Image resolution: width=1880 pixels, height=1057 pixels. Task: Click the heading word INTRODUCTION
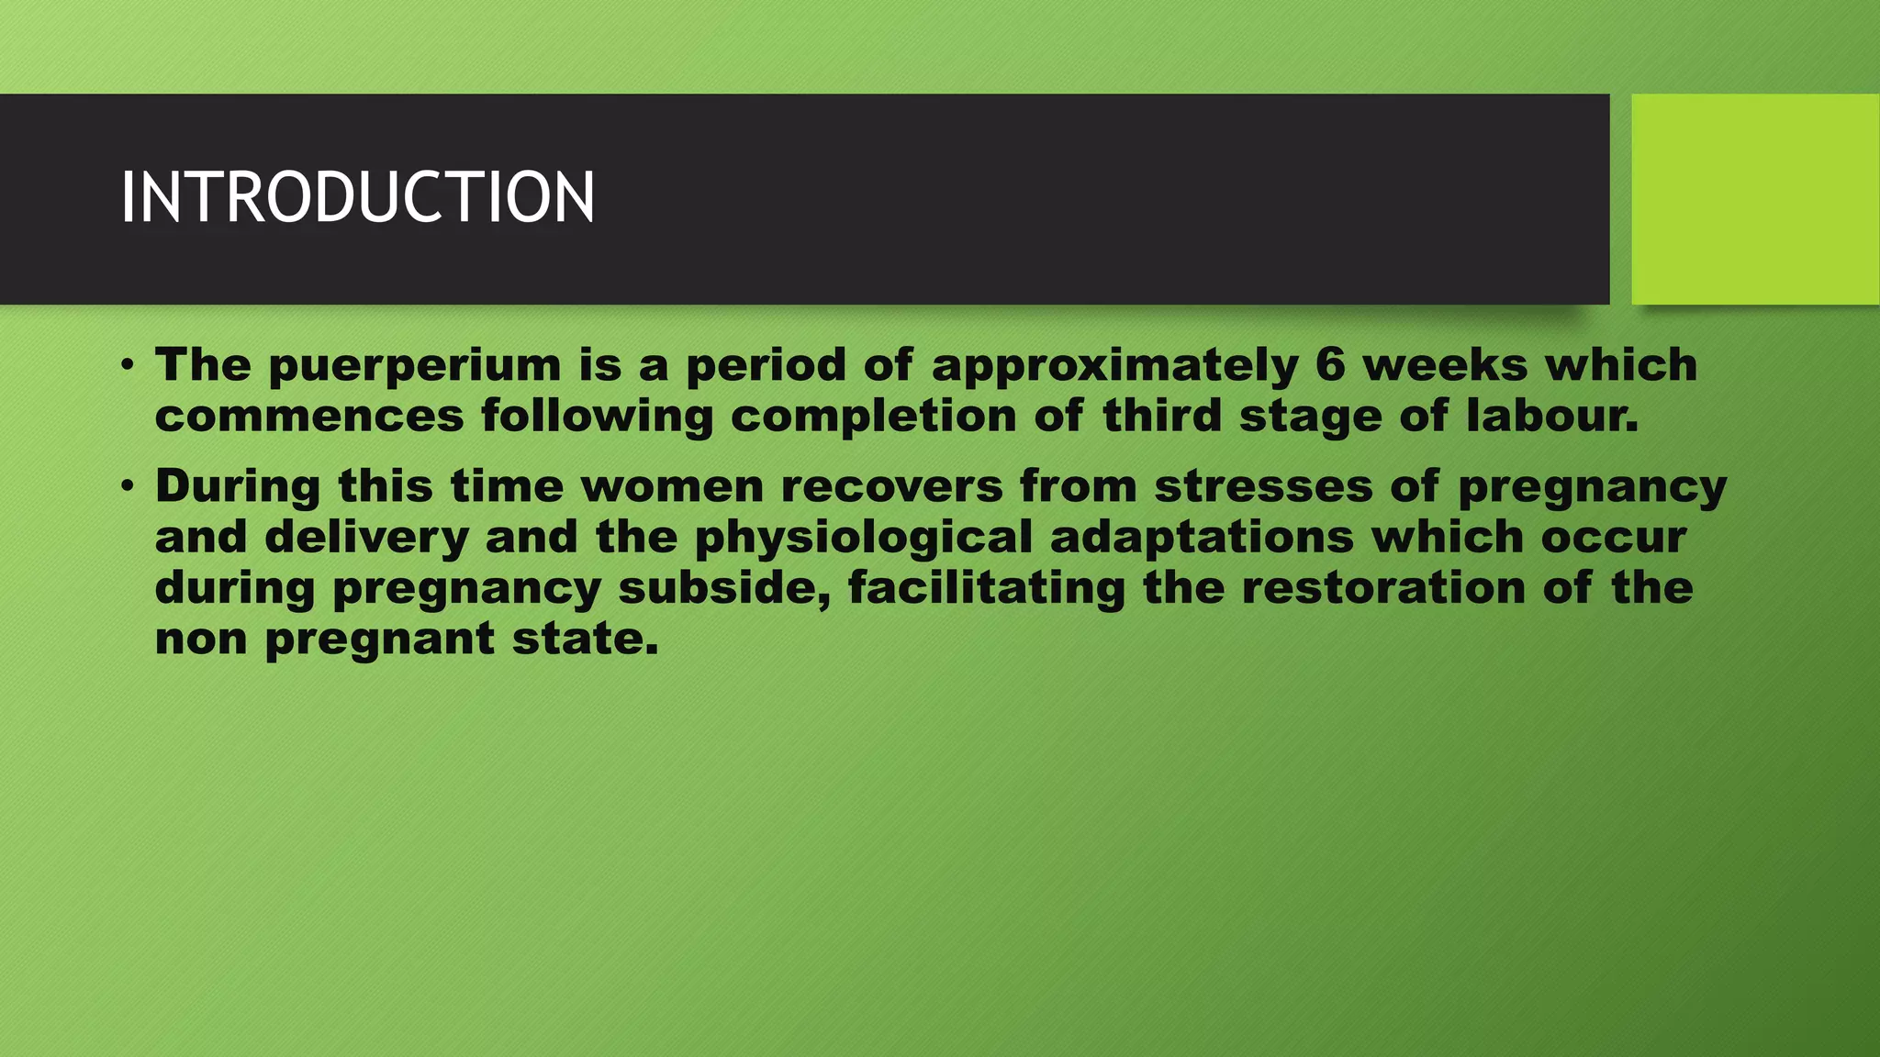[x=357, y=197]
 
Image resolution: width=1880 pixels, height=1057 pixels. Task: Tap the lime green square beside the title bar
[x=1754, y=198]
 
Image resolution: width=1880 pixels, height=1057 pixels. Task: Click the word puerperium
[x=415, y=365]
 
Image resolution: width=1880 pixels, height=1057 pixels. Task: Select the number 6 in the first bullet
[x=1330, y=364]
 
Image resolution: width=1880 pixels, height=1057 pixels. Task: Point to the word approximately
[x=1115, y=366]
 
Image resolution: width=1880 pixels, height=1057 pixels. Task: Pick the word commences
[x=309, y=416]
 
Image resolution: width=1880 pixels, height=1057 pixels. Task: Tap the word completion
[x=873, y=417]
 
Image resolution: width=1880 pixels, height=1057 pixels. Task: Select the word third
[x=1161, y=415]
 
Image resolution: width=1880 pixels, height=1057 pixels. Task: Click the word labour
[x=1551, y=415]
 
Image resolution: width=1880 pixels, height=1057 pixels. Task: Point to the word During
[x=238, y=485]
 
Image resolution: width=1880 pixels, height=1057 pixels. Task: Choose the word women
[x=672, y=485]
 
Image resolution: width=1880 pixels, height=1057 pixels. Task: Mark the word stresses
[x=1263, y=485]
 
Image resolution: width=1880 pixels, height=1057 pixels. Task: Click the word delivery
[x=367, y=537]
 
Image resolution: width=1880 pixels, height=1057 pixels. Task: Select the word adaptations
[x=1202, y=538]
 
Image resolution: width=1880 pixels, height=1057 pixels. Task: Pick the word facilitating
[x=986, y=588]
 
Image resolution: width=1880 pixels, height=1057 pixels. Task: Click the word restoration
[x=1383, y=587]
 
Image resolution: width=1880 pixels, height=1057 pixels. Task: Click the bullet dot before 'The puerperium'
[x=128, y=366]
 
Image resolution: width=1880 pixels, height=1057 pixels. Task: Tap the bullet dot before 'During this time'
[x=128, y=486]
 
